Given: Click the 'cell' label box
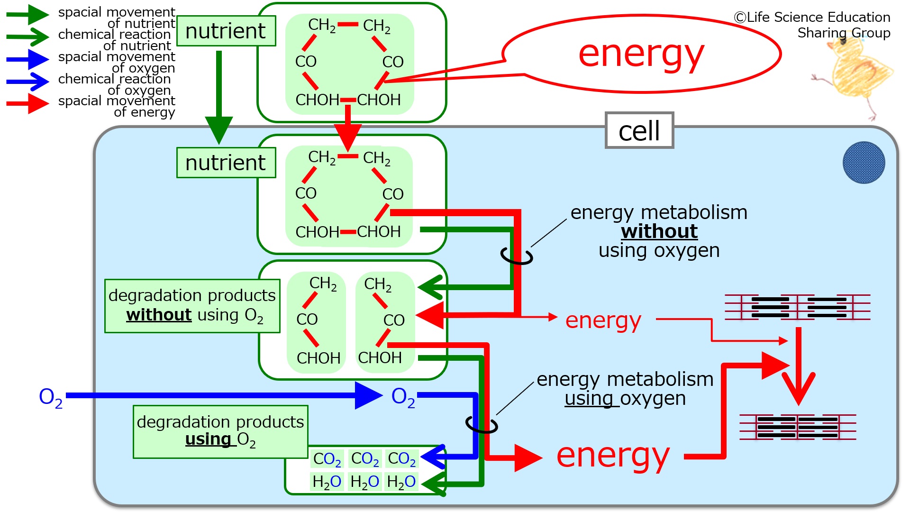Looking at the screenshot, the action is click(x=639, y=130).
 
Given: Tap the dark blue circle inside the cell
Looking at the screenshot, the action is click(x=864, y=163).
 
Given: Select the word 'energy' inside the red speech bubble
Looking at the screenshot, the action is click(x=641, y=55).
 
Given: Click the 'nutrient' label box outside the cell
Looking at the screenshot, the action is click(x=226, y=31).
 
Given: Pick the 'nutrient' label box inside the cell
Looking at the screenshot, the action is click(x=226, y=163).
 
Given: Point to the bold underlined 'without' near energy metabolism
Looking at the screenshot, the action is click(x=659, y=231).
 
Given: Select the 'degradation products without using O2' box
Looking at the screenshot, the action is click(x=192, y=306).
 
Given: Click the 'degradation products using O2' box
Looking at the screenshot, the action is click(x=220, y=432).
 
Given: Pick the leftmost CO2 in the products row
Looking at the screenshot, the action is click(x=327, y=459).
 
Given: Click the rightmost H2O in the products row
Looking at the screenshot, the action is click(x=401, y=482).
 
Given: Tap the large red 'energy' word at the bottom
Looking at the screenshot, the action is click(x=613, y=456).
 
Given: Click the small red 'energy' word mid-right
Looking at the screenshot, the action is click(x=603, y=321).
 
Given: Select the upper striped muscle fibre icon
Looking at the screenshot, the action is click(x=798, y=307).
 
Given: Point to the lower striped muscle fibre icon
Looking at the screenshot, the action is click(x=798, y=427).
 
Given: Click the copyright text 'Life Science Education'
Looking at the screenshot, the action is click(x=812, y=17).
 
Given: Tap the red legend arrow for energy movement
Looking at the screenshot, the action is click(x=27, y=103).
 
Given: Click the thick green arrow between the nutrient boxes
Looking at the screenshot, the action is click(x=219, y=97).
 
